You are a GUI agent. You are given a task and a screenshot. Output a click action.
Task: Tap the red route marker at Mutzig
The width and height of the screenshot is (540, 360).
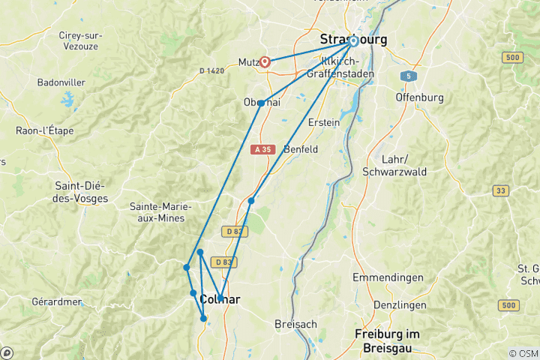click(x=265, y=62)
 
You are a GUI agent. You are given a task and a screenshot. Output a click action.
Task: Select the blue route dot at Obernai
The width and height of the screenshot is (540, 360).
click(x=261, y=103)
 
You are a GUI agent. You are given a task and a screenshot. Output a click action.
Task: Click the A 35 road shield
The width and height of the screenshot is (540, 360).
click(x=262, y=149)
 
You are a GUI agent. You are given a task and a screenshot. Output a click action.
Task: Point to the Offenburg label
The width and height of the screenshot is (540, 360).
click(x=419, y=97)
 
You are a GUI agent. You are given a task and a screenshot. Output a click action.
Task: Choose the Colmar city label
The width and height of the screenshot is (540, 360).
click(x=220, y=299)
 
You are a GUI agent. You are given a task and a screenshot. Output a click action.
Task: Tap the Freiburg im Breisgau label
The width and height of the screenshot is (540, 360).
click(x=387, y=339)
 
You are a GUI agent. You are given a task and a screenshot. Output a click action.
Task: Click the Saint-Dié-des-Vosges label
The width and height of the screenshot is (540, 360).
click(x=81, y=192)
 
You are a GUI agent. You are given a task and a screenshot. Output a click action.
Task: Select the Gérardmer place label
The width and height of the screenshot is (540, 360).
click(x=57, y=301)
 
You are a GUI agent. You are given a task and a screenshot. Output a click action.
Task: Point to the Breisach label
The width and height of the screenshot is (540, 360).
click(x=296, y=323)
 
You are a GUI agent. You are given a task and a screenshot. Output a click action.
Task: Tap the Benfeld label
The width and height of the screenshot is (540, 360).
click(x=301, y=149)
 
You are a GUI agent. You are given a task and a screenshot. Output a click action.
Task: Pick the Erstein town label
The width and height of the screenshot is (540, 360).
click(x=323, y=122)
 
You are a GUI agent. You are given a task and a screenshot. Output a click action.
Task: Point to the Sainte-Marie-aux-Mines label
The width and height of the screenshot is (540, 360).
click(x=161, y=212)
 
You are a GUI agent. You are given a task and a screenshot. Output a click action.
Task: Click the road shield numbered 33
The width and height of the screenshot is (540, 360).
click(x=500, y=191)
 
